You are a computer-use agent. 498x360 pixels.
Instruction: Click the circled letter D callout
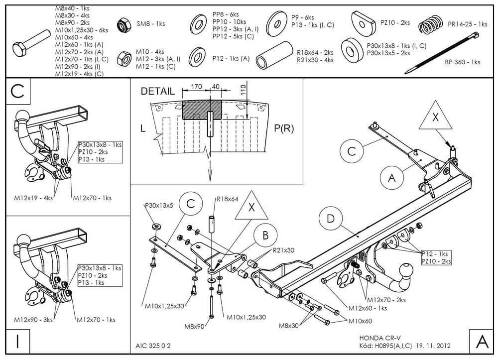(x=331, y=219)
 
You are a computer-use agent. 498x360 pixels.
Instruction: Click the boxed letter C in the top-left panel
(x=18, y=91)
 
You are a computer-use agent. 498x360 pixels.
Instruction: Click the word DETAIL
(x=157, y=91)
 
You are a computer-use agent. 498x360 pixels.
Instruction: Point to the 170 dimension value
(x=196, y=87)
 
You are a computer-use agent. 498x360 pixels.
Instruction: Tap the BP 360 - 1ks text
(x=462, y=62)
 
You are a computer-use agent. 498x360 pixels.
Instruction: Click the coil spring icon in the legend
(x=430, y=24)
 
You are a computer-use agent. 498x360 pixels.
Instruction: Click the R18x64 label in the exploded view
(x=227, y=199)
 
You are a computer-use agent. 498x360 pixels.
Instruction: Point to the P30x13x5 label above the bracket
(x=159, y=205)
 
